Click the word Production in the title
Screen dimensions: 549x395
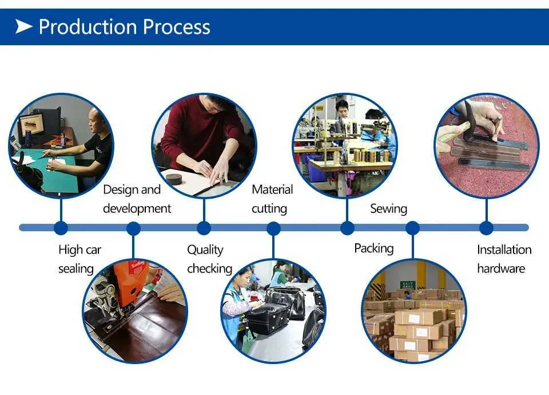tap(87, 27)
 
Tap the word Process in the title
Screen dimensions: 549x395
tap(177, 27)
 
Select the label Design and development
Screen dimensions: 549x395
tap(137, 199)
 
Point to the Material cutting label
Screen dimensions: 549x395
tap(272, 199)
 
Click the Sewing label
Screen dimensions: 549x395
tap(389, 208)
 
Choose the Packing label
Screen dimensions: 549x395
tap(374, 248)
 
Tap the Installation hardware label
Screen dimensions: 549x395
tap(504, 259)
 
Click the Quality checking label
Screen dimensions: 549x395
tap(209, 259)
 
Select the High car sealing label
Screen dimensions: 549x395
tap(80, 259)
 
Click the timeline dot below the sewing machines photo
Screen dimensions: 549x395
tap(347, 228)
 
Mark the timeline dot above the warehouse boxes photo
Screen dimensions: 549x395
tap(412, 228)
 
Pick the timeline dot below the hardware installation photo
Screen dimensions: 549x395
tap(486, 228)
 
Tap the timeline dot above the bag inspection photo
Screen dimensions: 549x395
tap(273, 229)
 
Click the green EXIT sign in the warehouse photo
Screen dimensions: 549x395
tap(408, 285)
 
